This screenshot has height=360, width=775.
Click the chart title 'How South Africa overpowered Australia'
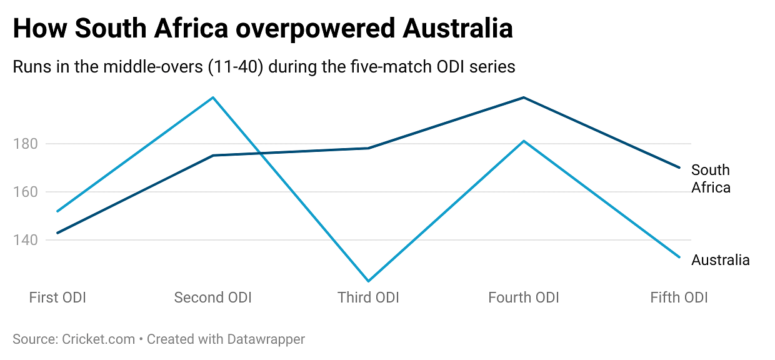(x=262, y=29)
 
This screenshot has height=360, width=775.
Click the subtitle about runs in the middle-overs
(x=264, y=66)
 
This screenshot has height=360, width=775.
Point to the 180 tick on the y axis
(x=25, y=144)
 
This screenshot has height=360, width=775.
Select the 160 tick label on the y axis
(x=25, y=192)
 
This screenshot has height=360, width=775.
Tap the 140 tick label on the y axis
(x=25, y=240)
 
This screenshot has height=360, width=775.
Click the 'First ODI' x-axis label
(x=57, y=297)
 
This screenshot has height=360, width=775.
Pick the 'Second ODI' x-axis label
(x=212, y=297)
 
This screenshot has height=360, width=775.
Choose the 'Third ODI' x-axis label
(x=368, y=297)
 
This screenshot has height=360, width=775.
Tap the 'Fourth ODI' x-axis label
(x=524, y=297)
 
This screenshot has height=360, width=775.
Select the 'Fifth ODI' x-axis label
(x=679, y=297)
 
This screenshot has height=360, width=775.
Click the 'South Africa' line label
(x=711, y=179)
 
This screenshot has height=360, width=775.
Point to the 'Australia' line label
(x=720, y=260)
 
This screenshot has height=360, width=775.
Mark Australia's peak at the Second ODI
(x=213, y=97)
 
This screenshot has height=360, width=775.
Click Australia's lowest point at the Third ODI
(x=369, y=281)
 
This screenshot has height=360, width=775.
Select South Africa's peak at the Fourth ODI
(x=524, y=97)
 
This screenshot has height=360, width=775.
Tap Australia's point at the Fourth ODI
(x=524, y=141)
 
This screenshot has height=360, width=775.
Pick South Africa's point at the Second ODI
(x=213, y=155)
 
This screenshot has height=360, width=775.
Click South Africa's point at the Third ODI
(x=369, y=148)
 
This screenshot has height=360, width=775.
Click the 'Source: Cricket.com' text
(x=74, y=339)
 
